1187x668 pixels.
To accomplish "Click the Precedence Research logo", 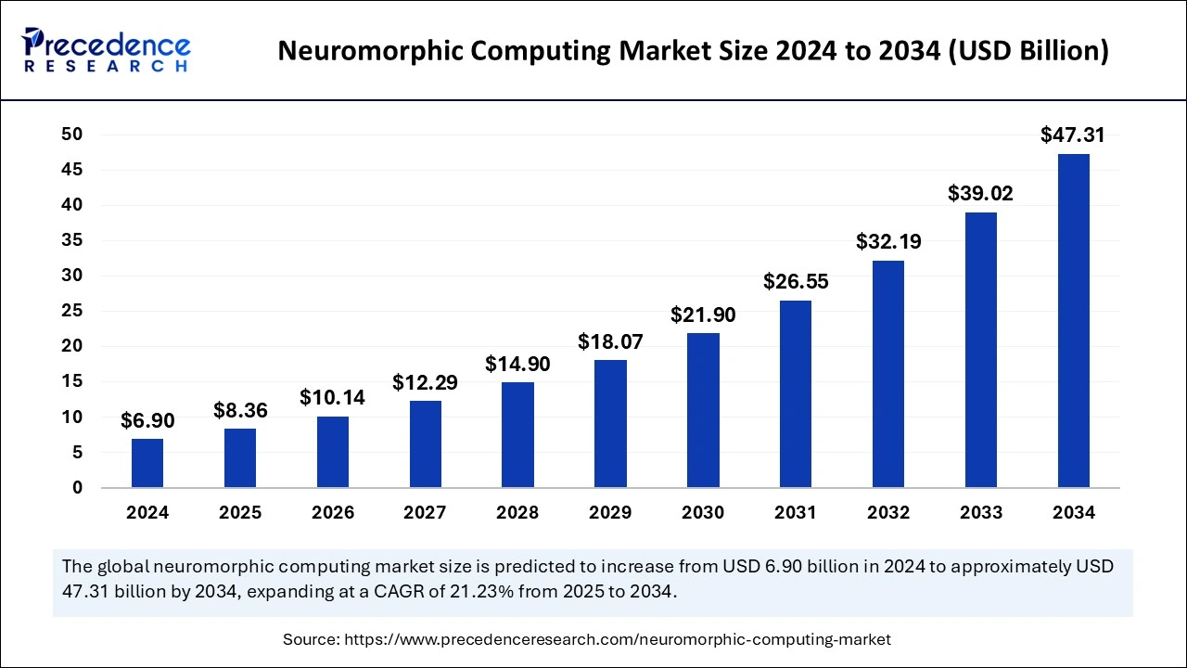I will click(107, 50).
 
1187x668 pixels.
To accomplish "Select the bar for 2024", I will click(147, 463).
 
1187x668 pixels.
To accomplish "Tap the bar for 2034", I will click(1074, 320).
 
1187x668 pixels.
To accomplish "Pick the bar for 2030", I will click(703, 410).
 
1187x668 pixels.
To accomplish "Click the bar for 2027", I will click(426, 443).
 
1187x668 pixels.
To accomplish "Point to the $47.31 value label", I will click(1073, 135).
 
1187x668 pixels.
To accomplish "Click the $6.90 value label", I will click(147, 421).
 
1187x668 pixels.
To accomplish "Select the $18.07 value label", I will click(610, 341).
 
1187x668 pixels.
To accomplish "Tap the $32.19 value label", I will click(888, 242).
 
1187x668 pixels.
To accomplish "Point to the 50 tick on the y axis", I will click(72, 135).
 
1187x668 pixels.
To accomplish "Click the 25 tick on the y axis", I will click(72, 311).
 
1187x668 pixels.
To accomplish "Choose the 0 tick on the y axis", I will click(78, 488).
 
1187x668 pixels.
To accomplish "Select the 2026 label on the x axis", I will click(333, 513).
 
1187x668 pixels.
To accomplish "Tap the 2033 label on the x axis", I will click(981, 513).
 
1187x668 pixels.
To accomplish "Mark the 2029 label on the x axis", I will click(610, 513).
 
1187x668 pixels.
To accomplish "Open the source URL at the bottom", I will click(618, 639).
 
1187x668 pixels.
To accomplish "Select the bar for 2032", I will click(888, 374).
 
